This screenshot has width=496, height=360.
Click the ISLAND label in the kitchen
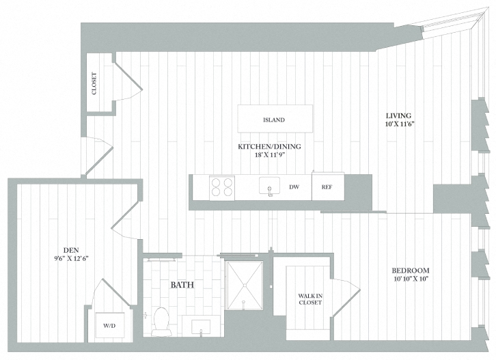(x=273, y=120)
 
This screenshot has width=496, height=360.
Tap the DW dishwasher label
(x=294, y=186)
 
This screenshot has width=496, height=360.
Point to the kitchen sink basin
(x=271, y=186)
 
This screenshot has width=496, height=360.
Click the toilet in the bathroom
(x=161, y=321)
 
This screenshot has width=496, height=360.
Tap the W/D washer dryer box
(x=110, y=324)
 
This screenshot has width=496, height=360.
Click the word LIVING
(x=399, y=115)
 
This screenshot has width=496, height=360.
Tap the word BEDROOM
(x=411, y=270)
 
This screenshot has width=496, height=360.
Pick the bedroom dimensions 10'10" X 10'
(x=411, y=279)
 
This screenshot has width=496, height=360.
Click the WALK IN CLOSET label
(x=309, y=299)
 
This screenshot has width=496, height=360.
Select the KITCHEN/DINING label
(x=269, y=146)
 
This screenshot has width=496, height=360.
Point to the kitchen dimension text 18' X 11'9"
(x=269, y=155)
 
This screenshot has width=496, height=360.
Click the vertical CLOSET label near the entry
(x=94, y=83)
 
